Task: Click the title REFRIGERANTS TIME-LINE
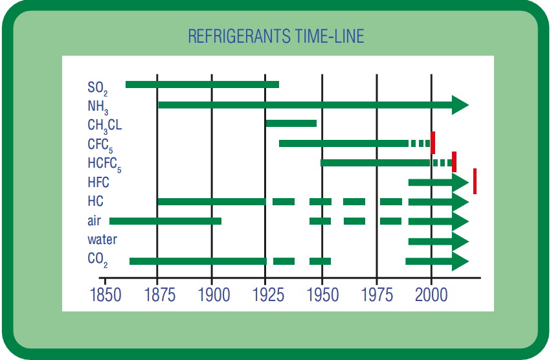point(276,36)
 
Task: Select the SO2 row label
point(98,87)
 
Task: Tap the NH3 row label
point(98,106)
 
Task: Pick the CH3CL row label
point(104,125)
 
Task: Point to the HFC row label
point(98,183)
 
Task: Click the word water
point(102,240)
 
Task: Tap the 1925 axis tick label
point(267,295)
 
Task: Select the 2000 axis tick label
point(432,295)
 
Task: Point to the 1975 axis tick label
point(377,295)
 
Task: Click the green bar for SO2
point(202,84)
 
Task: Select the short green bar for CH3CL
point(291,123)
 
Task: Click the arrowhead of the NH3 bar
point(460,105)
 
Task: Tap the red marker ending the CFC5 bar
point(433,142)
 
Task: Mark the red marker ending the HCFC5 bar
point(454,161)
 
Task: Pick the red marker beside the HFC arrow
point(475,181)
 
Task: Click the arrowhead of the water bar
point(460,242)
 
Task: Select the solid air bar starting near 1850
point(166,221)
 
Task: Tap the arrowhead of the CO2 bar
point(460,262)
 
